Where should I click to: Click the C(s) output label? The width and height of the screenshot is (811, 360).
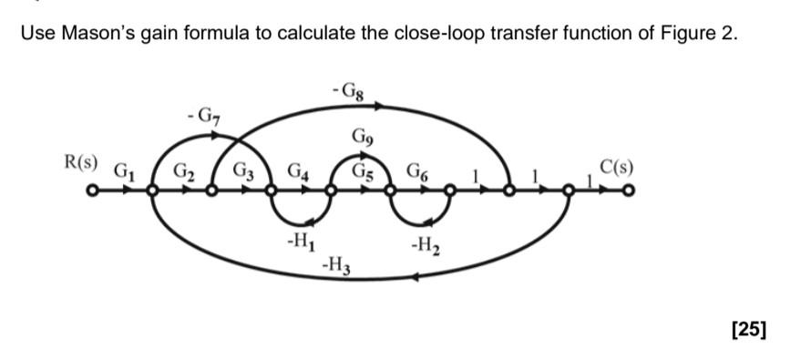coord(616,168)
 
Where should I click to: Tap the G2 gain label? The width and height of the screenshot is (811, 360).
coord(183,170)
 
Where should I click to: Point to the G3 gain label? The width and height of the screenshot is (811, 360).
coord(243,170)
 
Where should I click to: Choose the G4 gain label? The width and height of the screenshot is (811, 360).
coord(299,170)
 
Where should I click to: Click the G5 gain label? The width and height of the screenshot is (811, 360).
coord(362,169)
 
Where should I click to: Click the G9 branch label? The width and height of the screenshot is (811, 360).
coord(361,139)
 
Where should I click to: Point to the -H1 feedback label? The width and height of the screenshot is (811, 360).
coord(297,243)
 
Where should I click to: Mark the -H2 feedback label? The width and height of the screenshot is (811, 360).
coord(426,245)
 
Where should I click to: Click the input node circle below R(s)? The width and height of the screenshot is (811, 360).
coord(91,191)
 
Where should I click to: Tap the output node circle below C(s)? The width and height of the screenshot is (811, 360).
coord(628,191)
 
